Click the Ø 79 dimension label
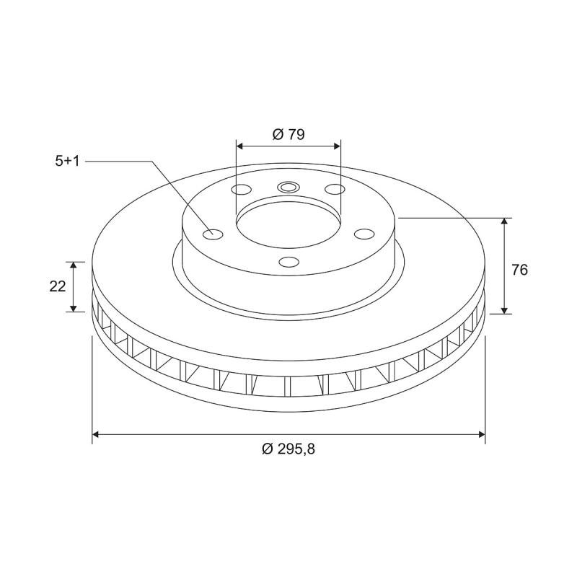point(288,133)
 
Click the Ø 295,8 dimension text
point(288,449)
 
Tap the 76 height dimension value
point(520,270)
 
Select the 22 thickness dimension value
point(58,286)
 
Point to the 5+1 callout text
point(67,162)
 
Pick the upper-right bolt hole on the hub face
point(334,190)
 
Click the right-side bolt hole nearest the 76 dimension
point(364,234)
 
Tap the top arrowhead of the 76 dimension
point(505,221)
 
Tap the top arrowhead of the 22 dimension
point(74,265)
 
